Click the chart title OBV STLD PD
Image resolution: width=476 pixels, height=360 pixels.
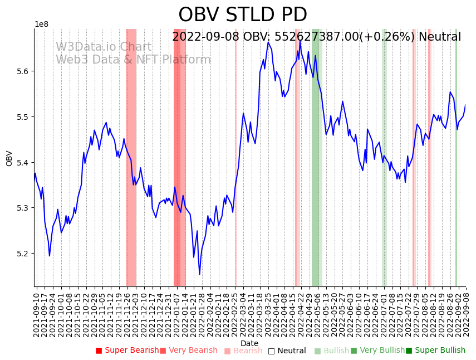point(243,15)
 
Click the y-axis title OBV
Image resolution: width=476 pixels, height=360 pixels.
point(9,158)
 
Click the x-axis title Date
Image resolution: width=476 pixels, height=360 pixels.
point(249,343)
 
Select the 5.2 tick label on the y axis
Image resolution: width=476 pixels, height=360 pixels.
point(23,254)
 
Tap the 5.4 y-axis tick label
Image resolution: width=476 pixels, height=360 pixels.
point(23,163)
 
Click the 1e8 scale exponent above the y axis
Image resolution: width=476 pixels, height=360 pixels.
point(42,25)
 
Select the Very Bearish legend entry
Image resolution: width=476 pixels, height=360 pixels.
point(189,351)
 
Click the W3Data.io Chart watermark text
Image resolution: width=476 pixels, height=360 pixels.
point(103,47)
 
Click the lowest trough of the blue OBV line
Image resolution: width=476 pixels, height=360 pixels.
point(199,274)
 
